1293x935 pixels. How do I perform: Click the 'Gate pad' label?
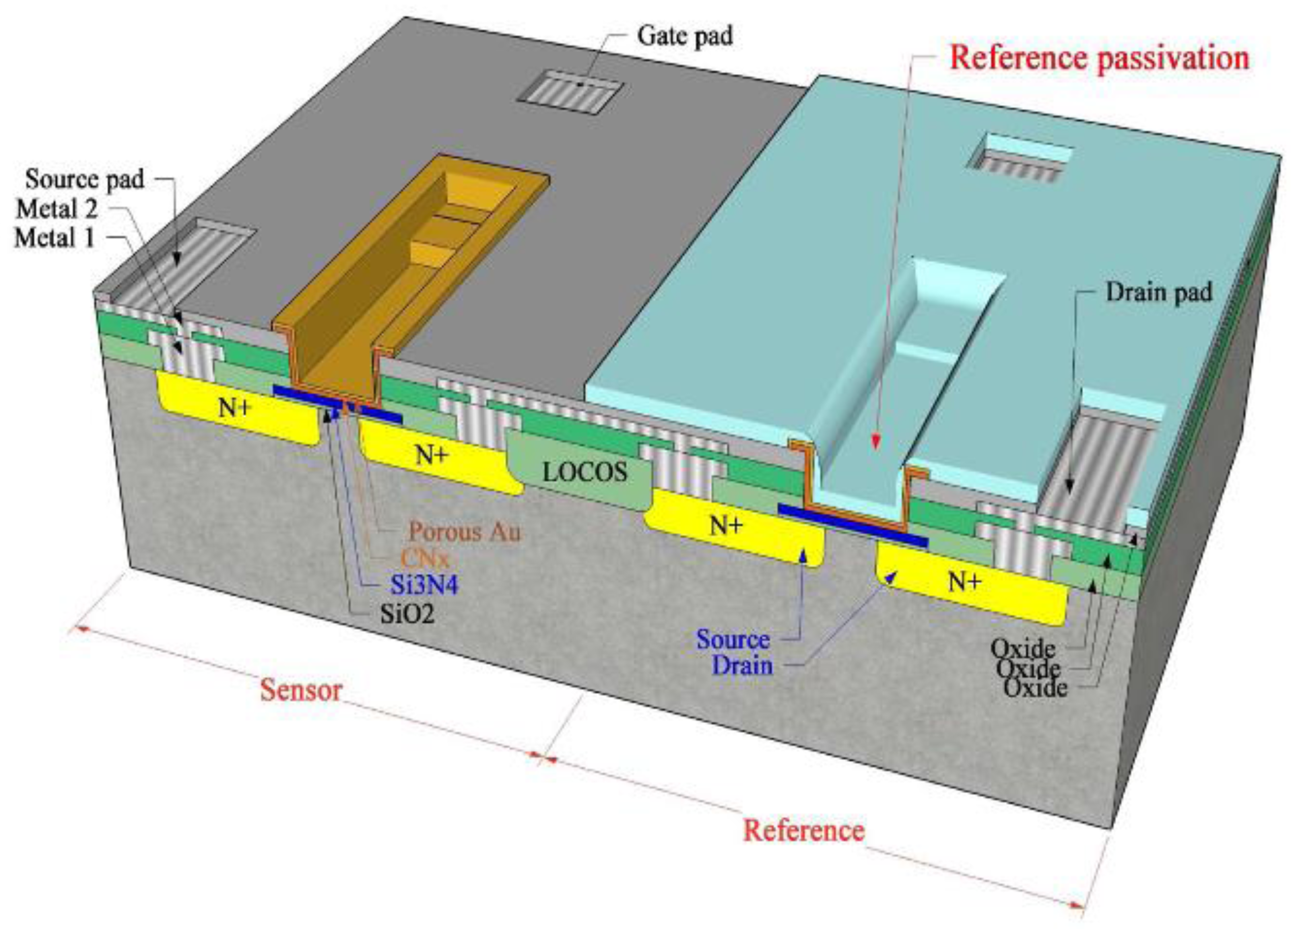(685, 37)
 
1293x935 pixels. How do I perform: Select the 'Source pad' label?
(84, 179)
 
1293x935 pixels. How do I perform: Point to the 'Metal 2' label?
(57, 209)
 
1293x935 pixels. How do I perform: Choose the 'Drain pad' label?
(1159, 293)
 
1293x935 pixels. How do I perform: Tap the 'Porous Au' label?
(464, 532)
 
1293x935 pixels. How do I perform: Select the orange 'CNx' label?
(425, 558)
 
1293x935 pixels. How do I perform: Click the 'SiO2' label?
(407, 614)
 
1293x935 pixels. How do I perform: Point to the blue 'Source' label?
(733, 640)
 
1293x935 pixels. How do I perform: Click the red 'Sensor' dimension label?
(301, 691)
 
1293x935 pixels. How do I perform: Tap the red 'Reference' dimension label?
(803, 830)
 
